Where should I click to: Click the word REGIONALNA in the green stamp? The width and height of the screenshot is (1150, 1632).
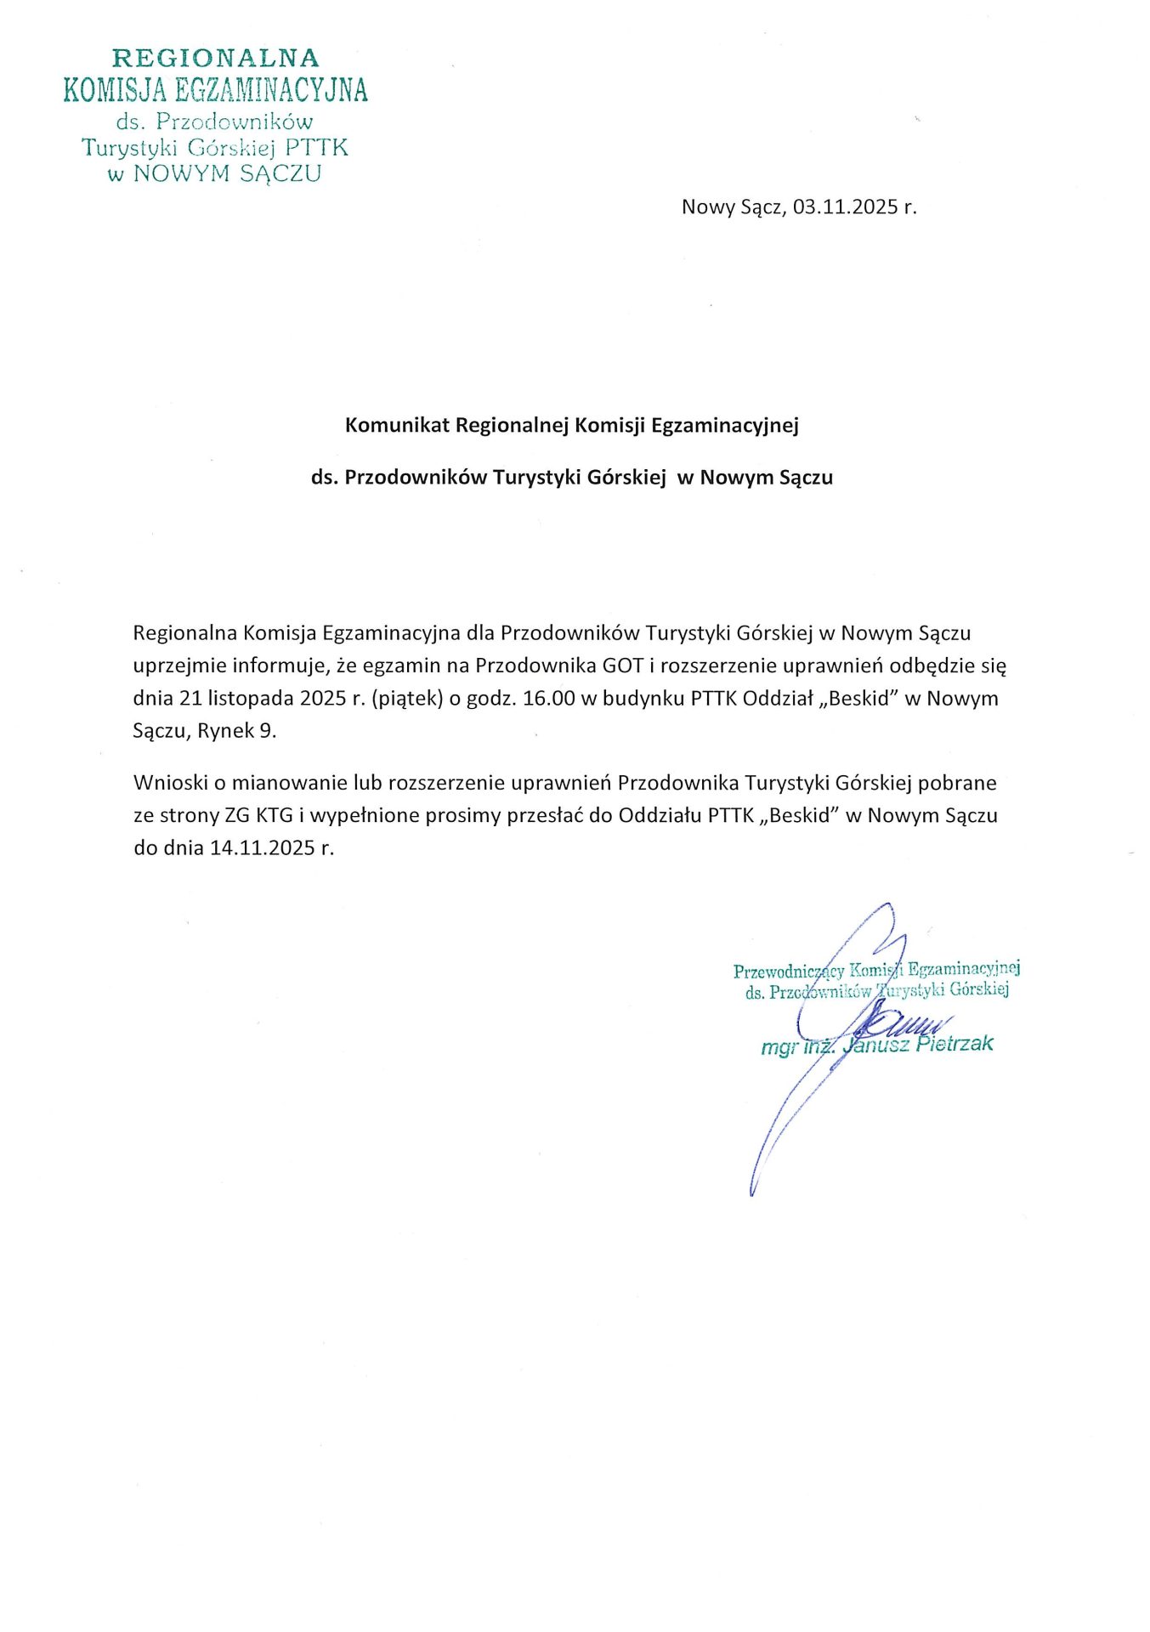[x=216, y=59]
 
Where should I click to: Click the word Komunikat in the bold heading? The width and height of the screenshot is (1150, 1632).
[x=396, y=425]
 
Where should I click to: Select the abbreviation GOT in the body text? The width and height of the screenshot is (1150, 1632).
[x=622, y=666]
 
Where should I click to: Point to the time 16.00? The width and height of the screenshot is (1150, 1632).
[x=549, y=699]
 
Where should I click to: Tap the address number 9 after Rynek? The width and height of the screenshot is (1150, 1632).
[x=267, y=731]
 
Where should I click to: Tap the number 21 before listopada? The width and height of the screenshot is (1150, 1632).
[x=190, y=699]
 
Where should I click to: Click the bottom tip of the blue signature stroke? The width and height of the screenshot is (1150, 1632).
[x=752, y=1194]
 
